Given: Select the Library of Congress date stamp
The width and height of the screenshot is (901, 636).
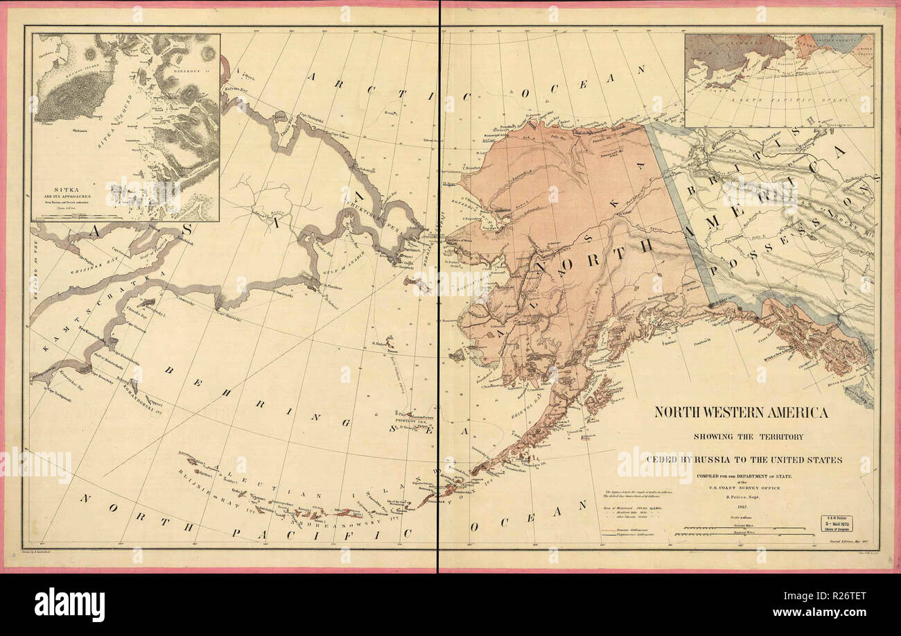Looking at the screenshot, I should [837, 524].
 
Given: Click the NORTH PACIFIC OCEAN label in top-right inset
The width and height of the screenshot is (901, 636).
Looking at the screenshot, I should [776, 103].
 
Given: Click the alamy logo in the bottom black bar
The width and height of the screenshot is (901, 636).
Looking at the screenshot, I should [69, 605].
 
